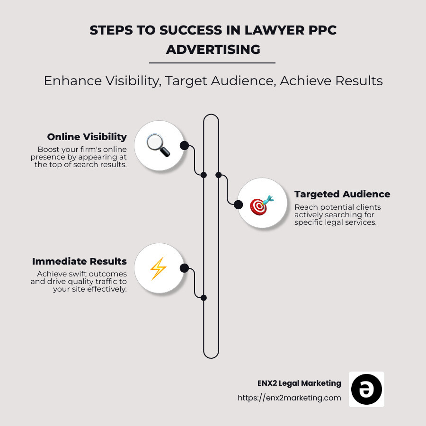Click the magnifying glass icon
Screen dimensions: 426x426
pyautogui.click(x=158, y=145)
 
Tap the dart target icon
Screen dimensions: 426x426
pyautogui.click(x=261, y=204)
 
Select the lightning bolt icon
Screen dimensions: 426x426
pyautogui.click(x=158, y=268)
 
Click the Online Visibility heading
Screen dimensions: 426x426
pyautogui.click(x=87, y=137)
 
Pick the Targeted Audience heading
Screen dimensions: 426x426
pyautogui.click(x=342, y=194)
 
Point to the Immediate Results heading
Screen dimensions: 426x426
pyautogui.click(x=80, y=261)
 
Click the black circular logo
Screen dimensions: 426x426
pyautogui.click(x=366, y=389)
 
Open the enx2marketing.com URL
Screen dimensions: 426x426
pyautogui.click(x=289, y=398)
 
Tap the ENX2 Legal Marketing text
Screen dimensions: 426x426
pyautogui.click(x=297, y=383)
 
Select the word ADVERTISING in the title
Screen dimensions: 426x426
pyautogui.click(x=213, y=49)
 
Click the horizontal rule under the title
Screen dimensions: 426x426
pyautogui.click(x=212, y=62)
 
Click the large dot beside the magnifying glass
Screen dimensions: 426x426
pyautogui.click(x=184, y=145)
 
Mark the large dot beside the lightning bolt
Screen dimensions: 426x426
pyautogui.click(x=184, y=268)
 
